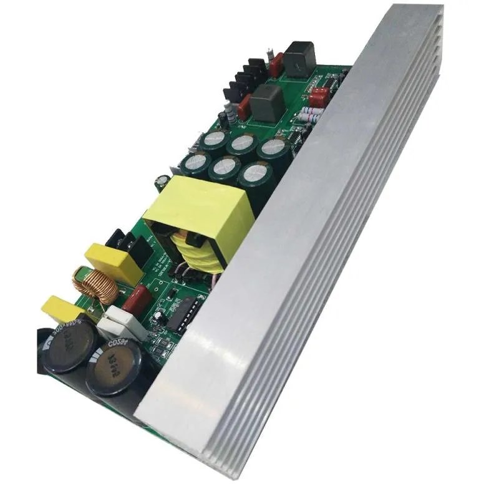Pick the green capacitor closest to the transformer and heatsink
(x=255, y=175)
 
